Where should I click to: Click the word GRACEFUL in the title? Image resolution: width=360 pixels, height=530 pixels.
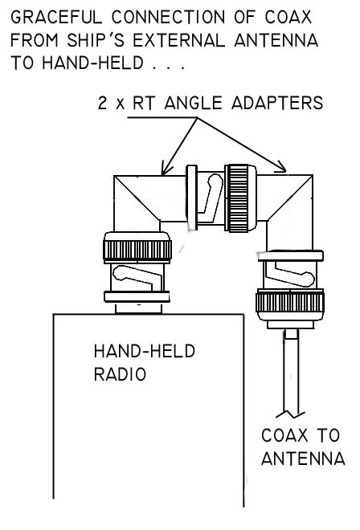[56, 17]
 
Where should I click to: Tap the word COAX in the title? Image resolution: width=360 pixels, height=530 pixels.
[288, 17]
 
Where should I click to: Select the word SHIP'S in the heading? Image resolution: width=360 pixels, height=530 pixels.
[96, 41]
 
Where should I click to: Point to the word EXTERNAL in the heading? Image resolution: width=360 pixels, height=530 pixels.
[179, 41]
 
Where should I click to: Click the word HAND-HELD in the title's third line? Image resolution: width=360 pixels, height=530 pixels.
[92, 63]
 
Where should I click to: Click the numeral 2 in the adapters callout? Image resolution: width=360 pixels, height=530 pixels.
[103, 103]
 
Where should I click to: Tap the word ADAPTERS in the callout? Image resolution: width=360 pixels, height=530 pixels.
[277, 103]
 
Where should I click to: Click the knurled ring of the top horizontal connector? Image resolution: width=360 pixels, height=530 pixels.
[239, 198]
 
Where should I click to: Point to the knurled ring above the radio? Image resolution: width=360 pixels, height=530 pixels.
[137, 250]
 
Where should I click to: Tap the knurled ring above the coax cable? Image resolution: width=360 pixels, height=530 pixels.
[290, 302]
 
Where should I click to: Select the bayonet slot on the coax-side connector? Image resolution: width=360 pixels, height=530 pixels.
[288, 274]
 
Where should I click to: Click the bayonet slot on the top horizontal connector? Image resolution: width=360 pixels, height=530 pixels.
[211, 197]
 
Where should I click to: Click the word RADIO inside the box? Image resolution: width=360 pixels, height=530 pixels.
[120, 374]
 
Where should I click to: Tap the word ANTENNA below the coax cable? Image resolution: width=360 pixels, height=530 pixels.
[303, 459]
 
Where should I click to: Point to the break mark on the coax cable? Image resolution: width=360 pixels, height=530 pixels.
[290, 414]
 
